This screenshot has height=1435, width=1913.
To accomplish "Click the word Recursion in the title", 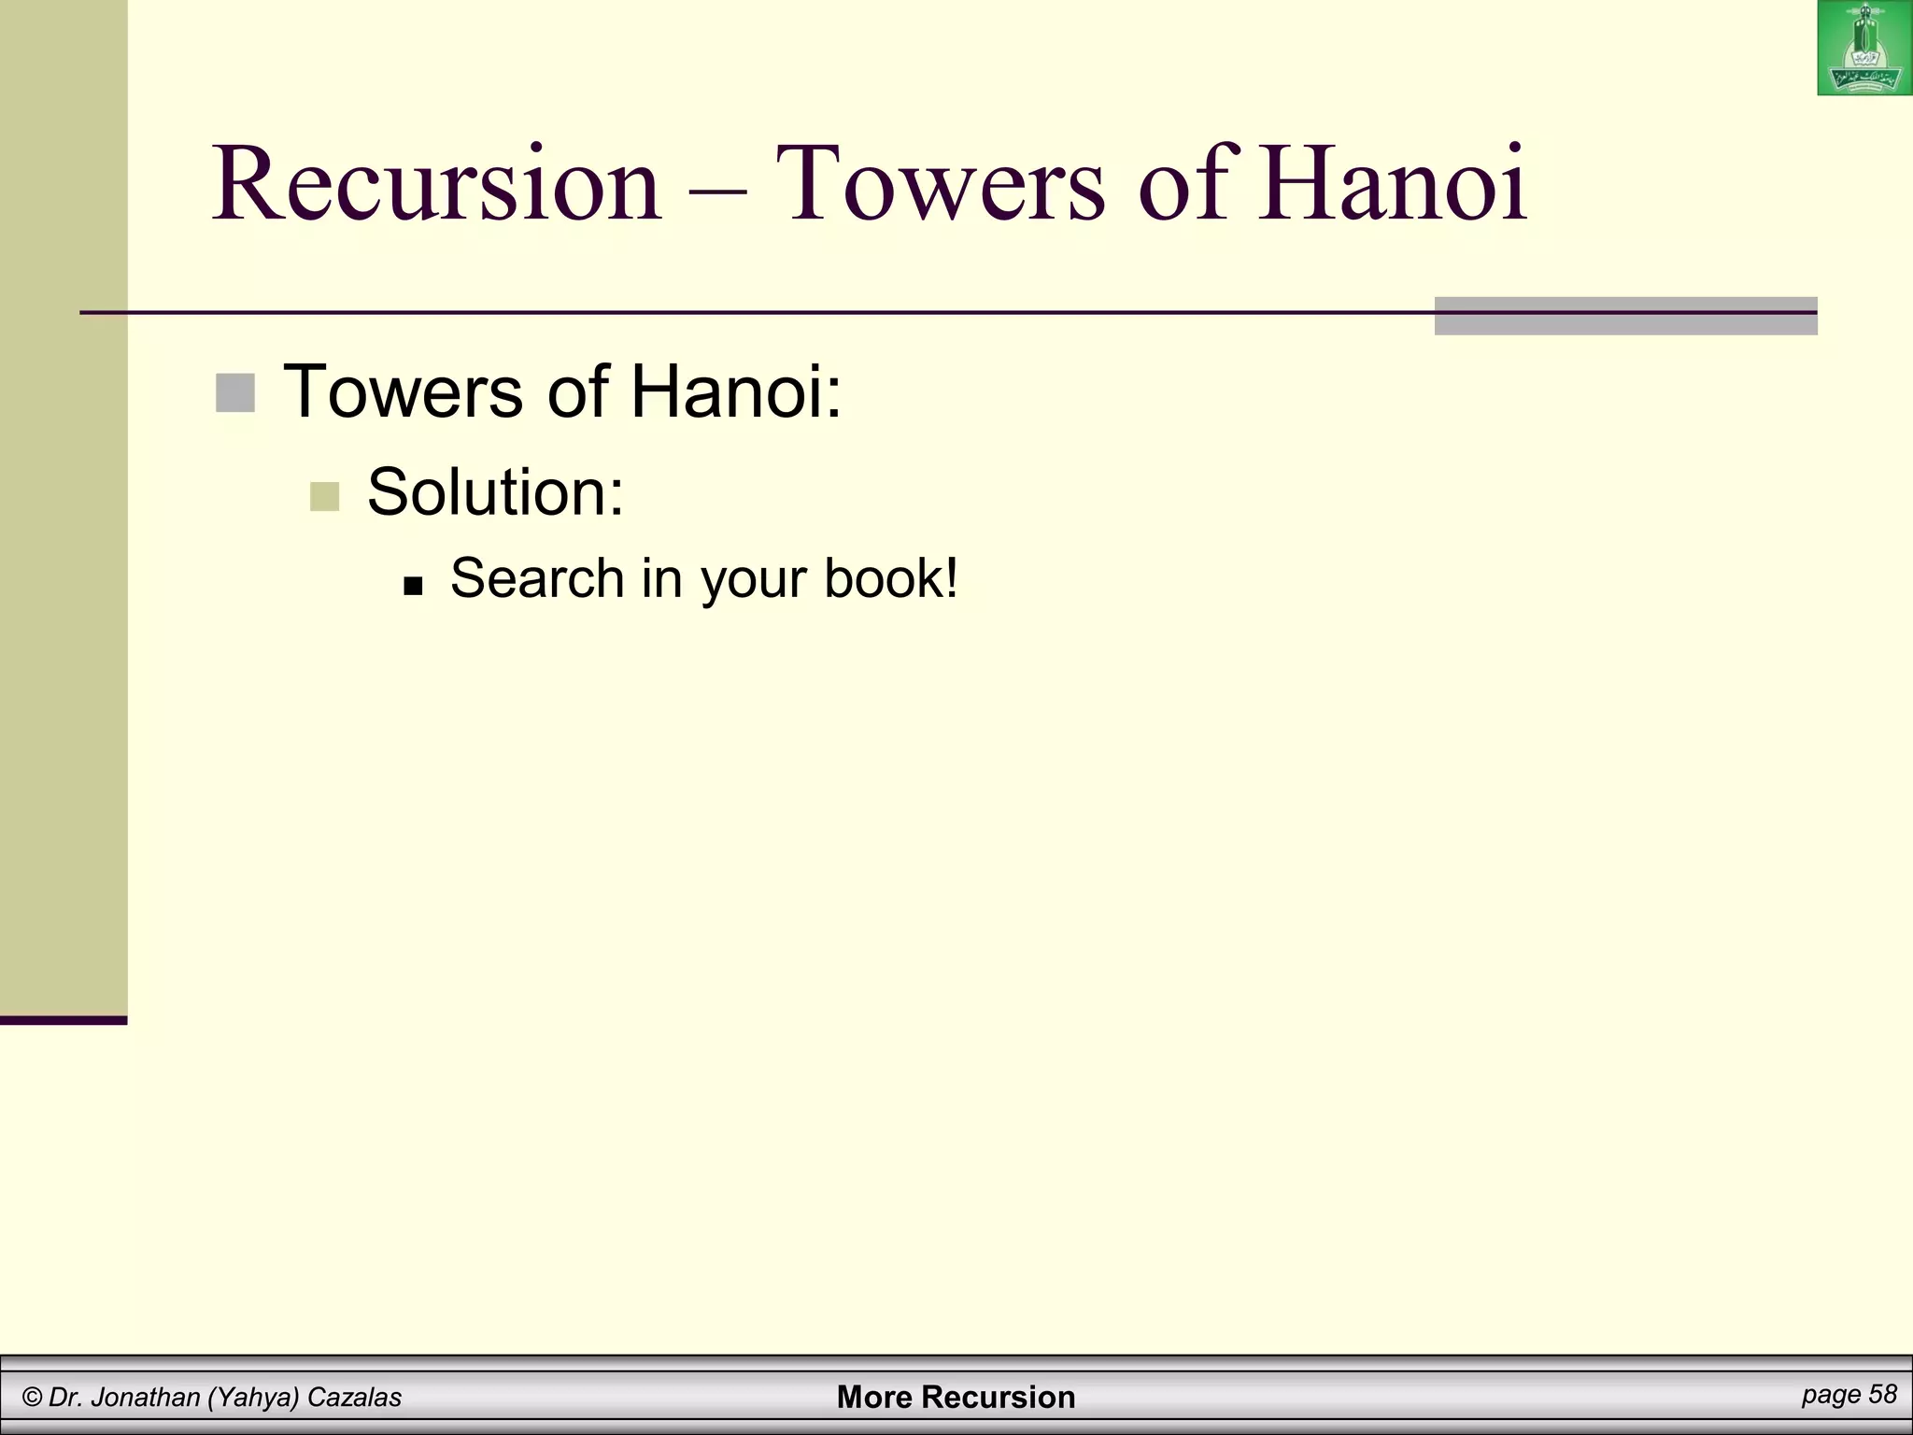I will click(x=437, y=183).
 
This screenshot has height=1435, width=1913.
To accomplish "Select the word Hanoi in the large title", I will click(x=1392, y=183).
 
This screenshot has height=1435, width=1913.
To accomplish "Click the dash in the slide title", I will click(x=717, y=192).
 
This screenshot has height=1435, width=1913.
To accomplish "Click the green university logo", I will click(x=1864, y=49).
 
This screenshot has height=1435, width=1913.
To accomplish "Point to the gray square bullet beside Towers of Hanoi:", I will click(x=234, y=393).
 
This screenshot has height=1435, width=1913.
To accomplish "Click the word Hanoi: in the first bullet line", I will click(x=736, y=391).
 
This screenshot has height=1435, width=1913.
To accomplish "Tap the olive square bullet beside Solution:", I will click(x=324, y=496).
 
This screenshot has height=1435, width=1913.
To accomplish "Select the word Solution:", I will click(x=495, y=492).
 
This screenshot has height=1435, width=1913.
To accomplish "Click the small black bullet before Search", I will click(x=413, y=587).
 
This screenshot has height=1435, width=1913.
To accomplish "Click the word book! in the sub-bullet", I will click(x=891, y=578).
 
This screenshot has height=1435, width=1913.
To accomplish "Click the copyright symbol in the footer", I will click(x=33, y=1398).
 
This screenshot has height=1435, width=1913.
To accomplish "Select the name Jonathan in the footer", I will click(x=147, y=1398).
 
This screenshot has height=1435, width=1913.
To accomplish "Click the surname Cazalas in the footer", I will click(x=354, y=1398).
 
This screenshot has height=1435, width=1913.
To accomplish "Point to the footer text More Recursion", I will click(x=956, y=1398).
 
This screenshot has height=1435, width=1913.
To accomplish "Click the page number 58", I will click(x=1883, y=1395).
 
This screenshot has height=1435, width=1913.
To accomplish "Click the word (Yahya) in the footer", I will click(x=253, y=1398).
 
